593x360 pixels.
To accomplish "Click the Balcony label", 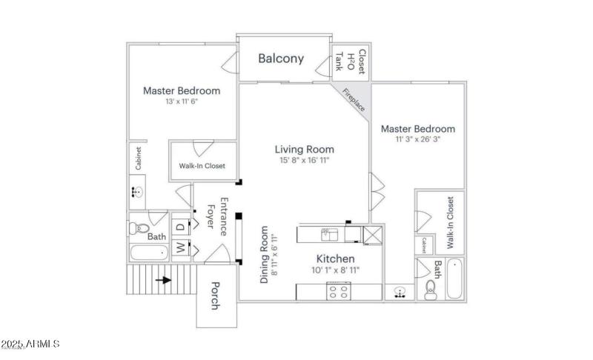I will pyautogui.click(x=281, y=59).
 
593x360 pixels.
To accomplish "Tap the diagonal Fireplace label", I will pyautogui.click(x=353, y=99).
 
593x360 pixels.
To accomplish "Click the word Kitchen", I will pyautogui.click(x=336, y=259).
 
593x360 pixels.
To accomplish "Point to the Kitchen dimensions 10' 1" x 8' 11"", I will pyautogui.click(x=336, y=270).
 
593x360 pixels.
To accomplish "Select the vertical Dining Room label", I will pyautogui.click(x=268, y=255).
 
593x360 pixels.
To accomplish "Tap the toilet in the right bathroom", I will pyautogui.click(x=431, y=291).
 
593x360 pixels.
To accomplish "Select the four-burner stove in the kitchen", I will pyautogui.click(x=339, y=293).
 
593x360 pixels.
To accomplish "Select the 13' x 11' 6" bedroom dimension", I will pyautogui.click(x=181, y=101).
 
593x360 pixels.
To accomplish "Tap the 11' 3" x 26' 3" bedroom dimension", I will pyautogui.click(x=417, y=140).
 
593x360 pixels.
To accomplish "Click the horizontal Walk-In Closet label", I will pyautogui.click(x=202, y=166).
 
